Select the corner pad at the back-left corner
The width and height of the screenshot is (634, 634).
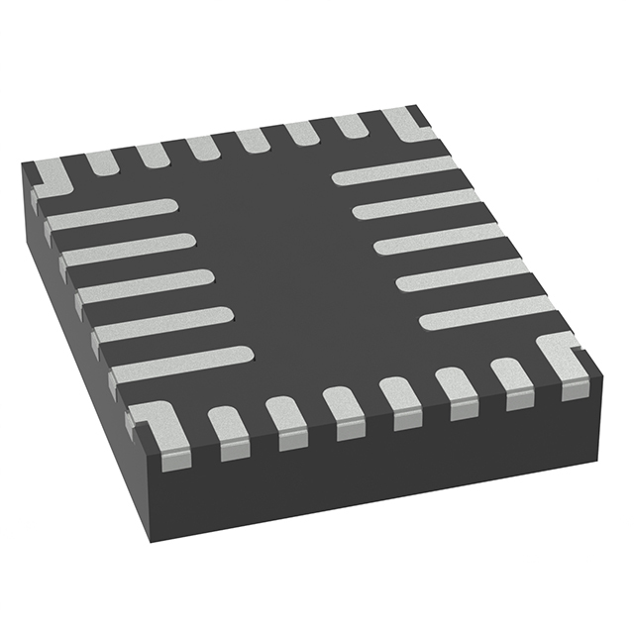point(50,178)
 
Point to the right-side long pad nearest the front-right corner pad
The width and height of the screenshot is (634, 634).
point(485,312)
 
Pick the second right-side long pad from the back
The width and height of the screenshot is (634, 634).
point(416,204)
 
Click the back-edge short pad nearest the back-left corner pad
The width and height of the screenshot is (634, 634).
point(100,161)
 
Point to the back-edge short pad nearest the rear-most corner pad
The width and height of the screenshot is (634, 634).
point(351,126)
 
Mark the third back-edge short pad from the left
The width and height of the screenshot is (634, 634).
point(202,147)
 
